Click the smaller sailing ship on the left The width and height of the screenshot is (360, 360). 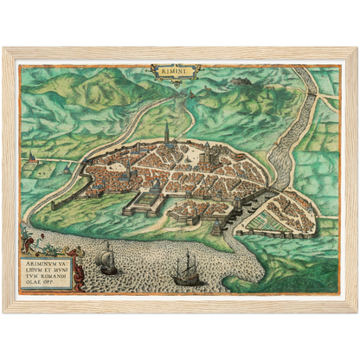tap(106, 259)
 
